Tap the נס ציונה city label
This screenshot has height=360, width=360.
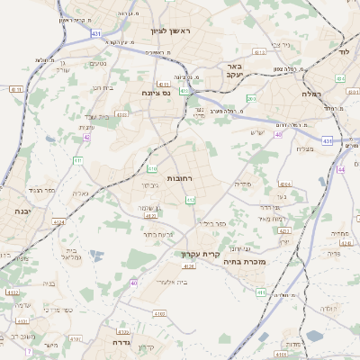click(x=157, y=93)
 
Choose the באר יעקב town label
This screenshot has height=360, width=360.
click(x=235, y=71)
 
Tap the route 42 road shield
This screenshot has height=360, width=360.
click(x=86, y=138)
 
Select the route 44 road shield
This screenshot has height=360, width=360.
click(x=341, y=169)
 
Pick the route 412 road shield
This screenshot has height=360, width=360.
click(x=191, y=200)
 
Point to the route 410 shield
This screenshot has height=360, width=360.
click(x=152, y=168)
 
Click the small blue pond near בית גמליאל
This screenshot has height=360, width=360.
click(x=95, y=256)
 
